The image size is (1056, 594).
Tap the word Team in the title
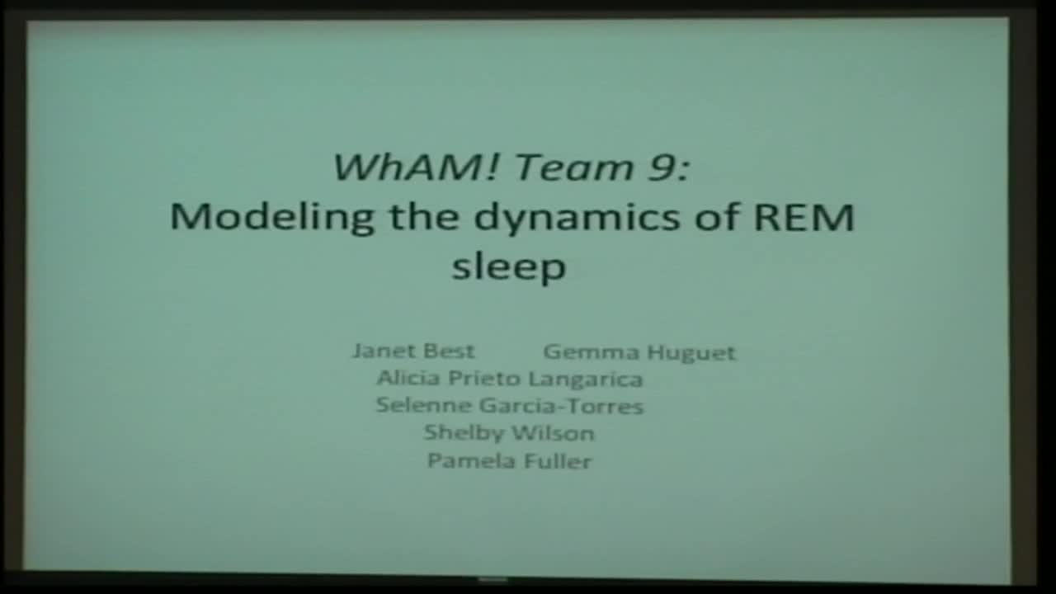(x=562, y=167)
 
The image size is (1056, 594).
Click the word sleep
(x=509, y=267)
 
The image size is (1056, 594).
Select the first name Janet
(x=380, y=351)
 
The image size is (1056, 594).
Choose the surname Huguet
(x=690, y=353)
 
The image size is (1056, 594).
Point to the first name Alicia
(x=408, y=378)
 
